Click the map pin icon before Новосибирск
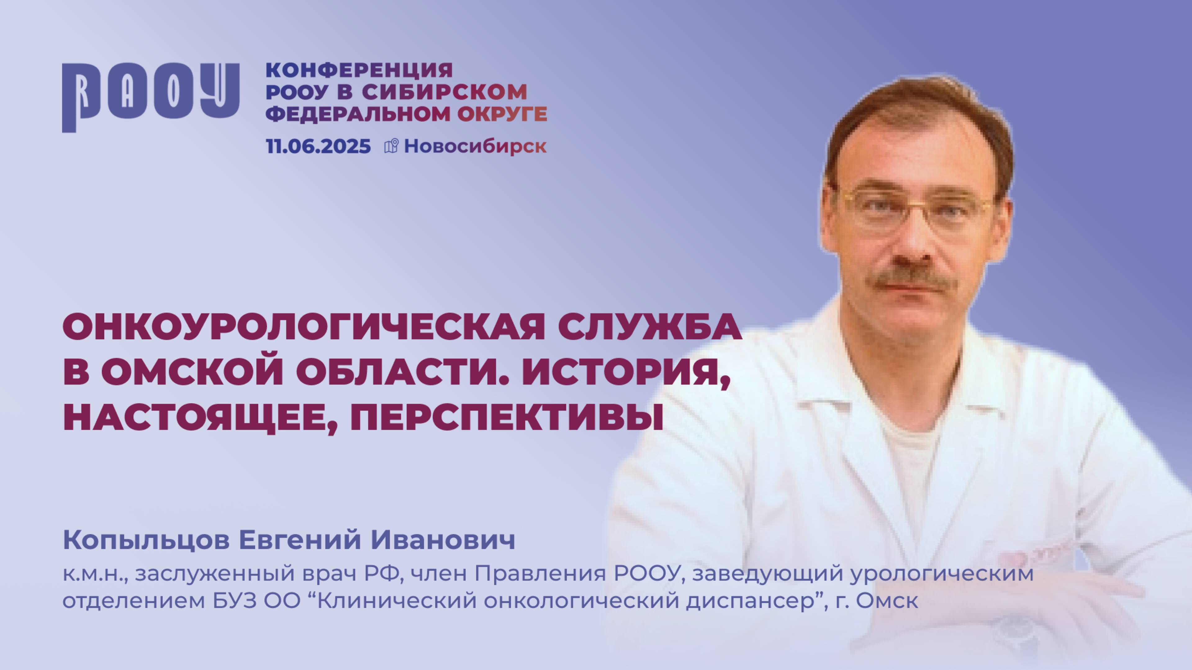[391, 146]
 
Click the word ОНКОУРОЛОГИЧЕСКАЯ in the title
[303, 327]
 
